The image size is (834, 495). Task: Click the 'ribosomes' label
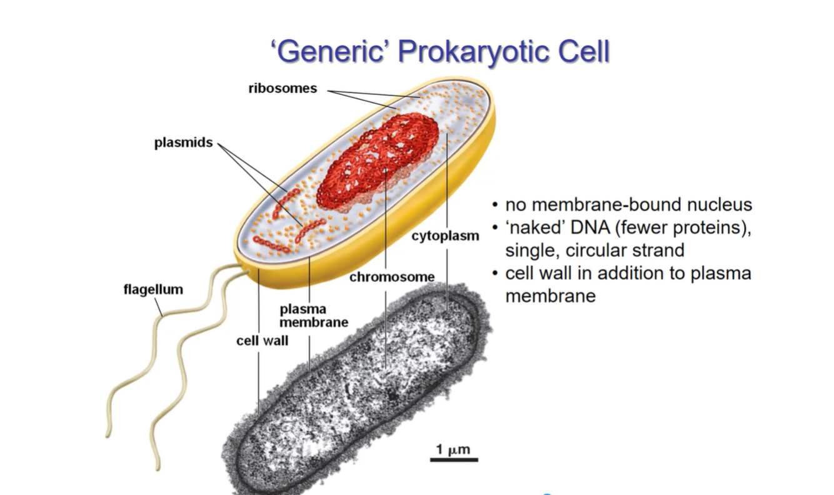click(283, 88)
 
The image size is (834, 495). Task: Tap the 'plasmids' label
click(183, 143)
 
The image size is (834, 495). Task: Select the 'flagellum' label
click(153, 289)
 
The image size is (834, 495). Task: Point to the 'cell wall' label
click(262, 341)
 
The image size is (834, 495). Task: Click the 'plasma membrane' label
click(313, 316)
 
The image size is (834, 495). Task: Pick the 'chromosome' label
click(391, 276)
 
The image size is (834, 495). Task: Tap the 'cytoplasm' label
click(445, 236)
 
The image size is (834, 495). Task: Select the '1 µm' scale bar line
click(453, 460)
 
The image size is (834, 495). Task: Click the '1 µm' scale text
click(453, 449)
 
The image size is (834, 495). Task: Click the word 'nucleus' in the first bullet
click(717, 205)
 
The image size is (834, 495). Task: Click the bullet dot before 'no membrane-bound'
click(495, 205)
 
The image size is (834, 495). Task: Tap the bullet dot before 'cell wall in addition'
click(495, 273)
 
